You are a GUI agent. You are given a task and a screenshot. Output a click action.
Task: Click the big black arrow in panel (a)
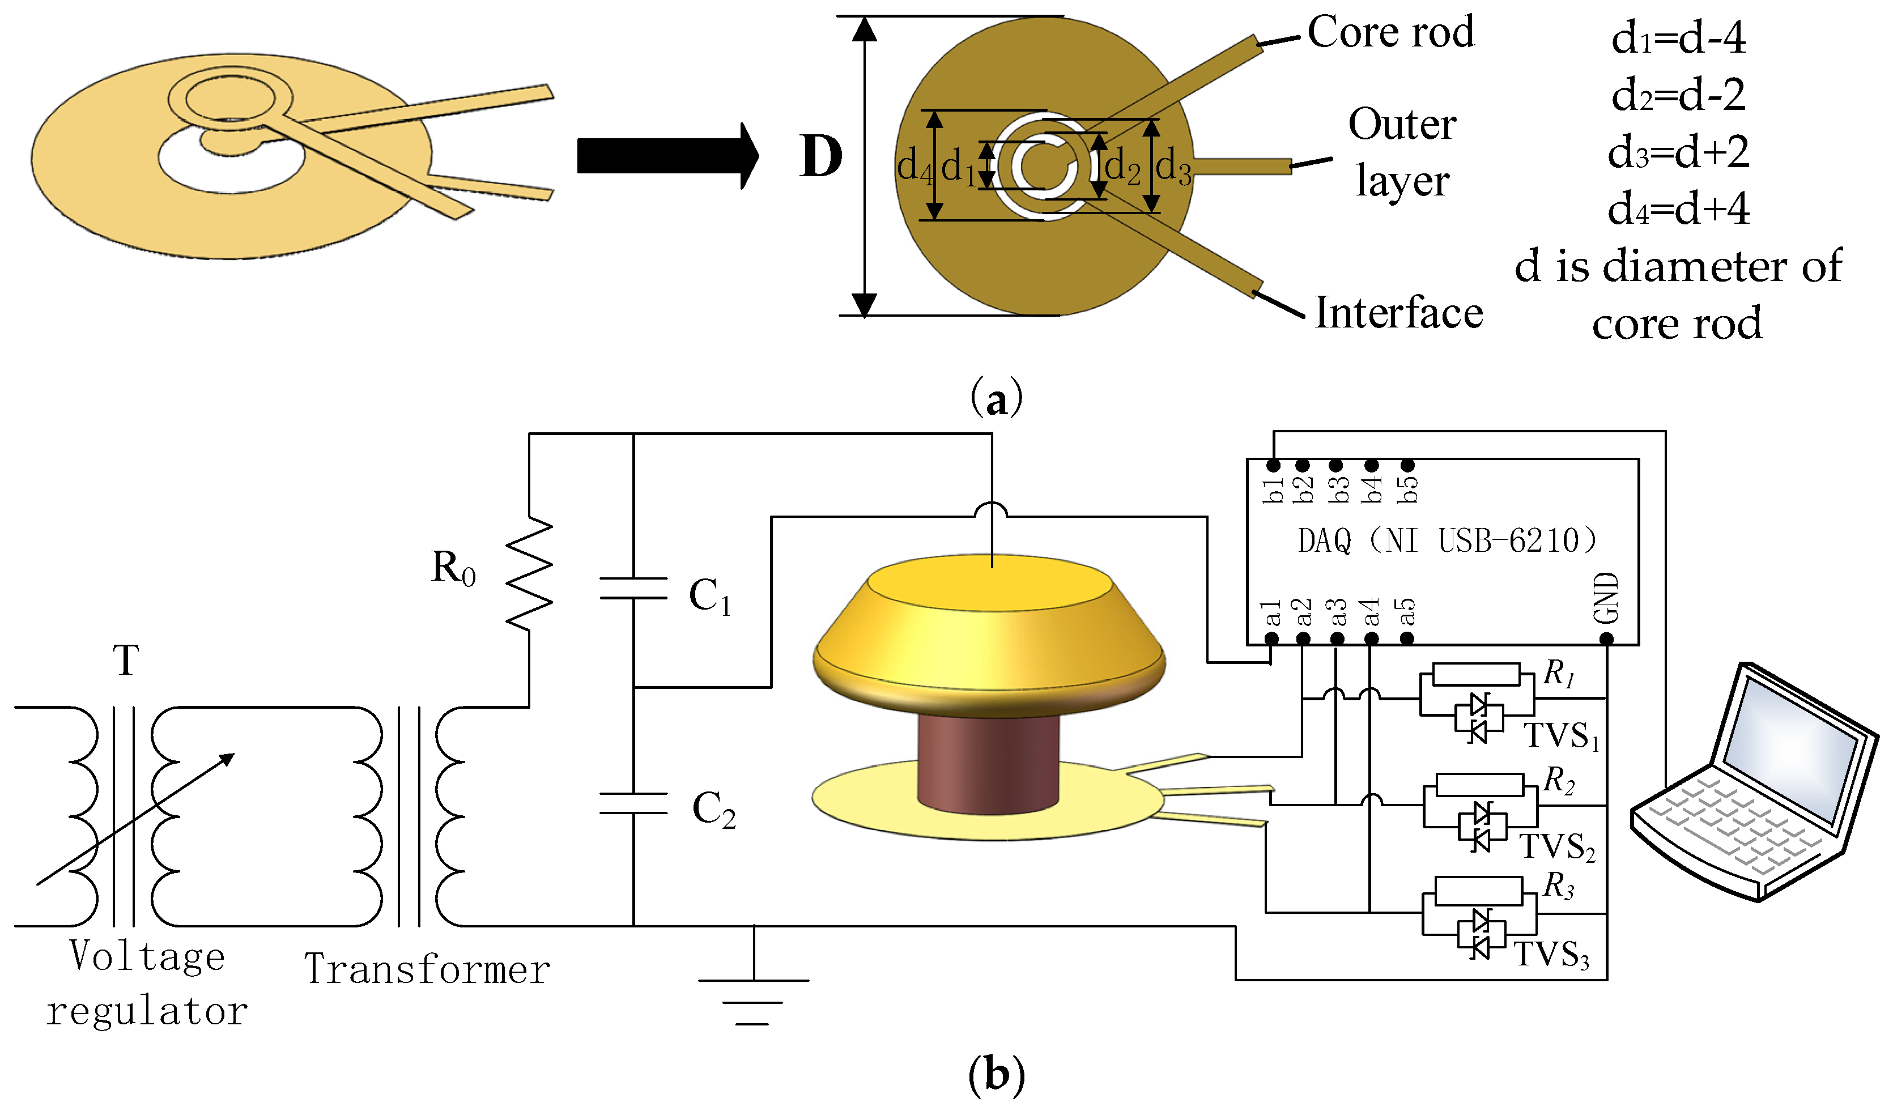(x=665, y=156)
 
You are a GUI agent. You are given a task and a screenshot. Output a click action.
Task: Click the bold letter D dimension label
(x=820, y=157)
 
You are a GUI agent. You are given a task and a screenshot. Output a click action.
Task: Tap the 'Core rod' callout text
(x=1390, y=32)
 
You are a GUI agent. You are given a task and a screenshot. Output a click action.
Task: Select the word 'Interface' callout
(x=1399, y=313)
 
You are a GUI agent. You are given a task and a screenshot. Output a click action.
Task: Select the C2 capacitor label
(x=713, y=810)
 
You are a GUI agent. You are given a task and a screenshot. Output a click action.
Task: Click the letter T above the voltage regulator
(x=126, y=661)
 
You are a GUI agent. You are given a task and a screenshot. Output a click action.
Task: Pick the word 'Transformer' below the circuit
(x=427, y=969)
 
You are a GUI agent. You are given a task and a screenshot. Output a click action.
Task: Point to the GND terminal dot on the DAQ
(x=1606, y=639)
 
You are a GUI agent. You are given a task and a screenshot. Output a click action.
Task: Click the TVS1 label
(x=1561, y=735)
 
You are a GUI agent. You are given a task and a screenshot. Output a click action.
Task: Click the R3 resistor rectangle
(x=1478, y=892)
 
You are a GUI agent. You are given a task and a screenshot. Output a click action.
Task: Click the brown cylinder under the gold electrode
(x=988, y=763)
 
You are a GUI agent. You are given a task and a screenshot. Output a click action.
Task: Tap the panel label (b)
(x=996, y=1075)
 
